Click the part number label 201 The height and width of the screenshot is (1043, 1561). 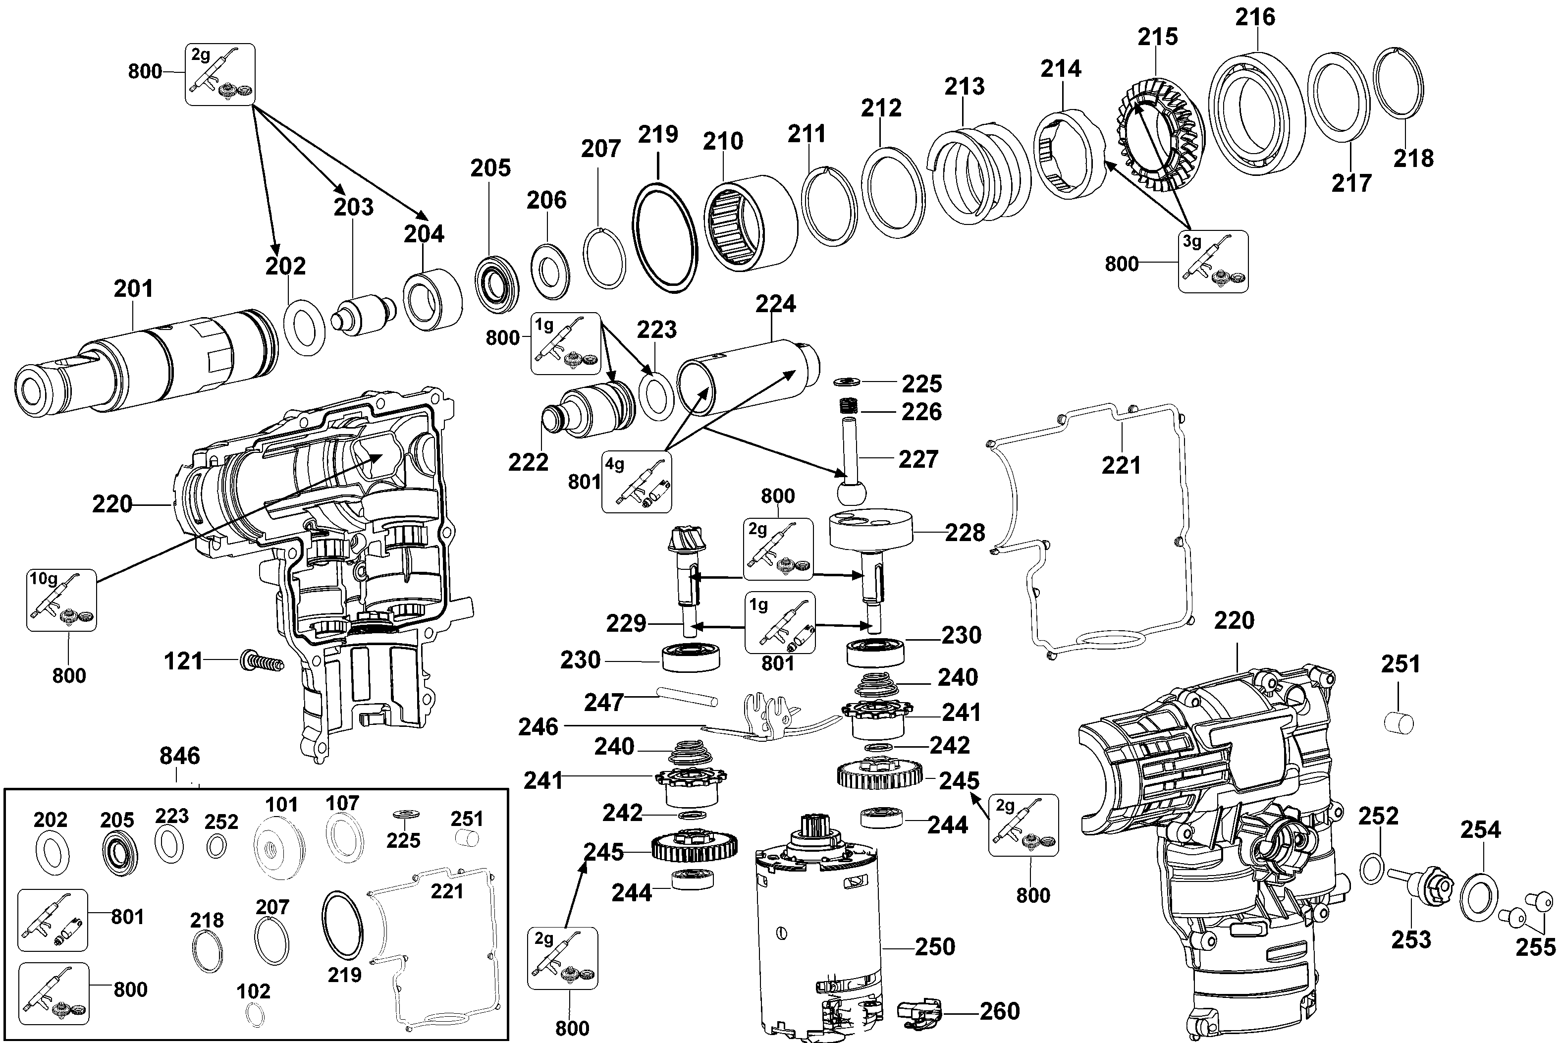[133, 289]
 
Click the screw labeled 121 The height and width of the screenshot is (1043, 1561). [262, 662]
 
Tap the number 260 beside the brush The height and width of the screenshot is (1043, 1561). [999, 1012]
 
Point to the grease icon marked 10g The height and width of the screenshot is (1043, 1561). [61, 600]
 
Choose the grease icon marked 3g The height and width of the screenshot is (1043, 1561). [1213, 262]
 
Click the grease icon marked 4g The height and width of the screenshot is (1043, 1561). [637, 482]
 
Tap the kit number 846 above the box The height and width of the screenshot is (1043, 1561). [179, 756]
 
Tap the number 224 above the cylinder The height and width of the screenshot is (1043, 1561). [775, 305]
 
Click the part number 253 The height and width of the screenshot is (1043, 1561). [1411, 940]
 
